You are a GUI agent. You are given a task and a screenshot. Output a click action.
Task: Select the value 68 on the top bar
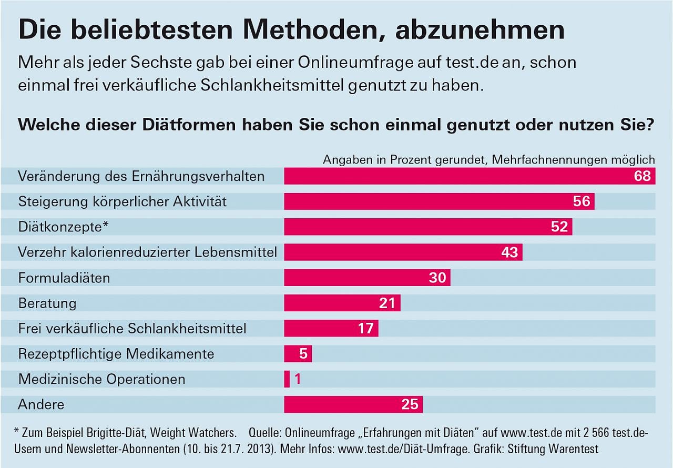tap(643, 176)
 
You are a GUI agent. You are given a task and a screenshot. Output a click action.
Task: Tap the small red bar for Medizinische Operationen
tap(287, 379)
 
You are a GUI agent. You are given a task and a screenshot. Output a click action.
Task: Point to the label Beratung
tap(47, 303)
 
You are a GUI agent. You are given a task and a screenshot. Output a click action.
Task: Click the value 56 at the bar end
tap(582, 201)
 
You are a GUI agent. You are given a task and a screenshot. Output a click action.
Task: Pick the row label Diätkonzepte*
tap(63, 227)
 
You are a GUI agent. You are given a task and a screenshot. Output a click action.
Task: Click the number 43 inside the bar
tap(509, 252)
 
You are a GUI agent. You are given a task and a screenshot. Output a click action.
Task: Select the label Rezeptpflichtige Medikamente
tap(116, 354)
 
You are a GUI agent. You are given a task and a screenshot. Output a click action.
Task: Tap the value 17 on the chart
tap(365, 328)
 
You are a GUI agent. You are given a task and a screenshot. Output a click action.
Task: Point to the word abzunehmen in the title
tap(480, 30)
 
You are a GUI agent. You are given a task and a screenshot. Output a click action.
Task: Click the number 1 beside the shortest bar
tap(298, 379)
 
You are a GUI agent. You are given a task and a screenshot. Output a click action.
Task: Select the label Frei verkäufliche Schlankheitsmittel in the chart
tap(132, 329)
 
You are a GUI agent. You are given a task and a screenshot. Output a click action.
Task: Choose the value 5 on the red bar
tap(303, 353)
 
